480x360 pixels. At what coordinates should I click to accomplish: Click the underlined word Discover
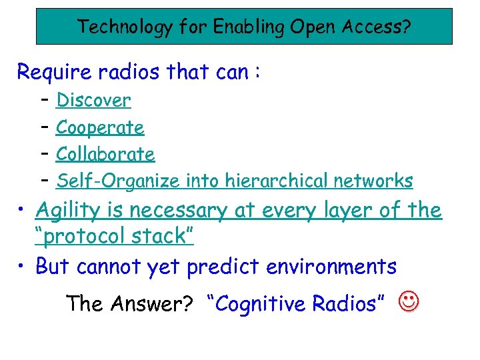(93, 101)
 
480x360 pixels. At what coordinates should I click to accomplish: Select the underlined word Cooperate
(100, 127)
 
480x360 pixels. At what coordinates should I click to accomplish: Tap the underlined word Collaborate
(105, 154)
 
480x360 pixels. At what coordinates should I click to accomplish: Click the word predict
(223, 267)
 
